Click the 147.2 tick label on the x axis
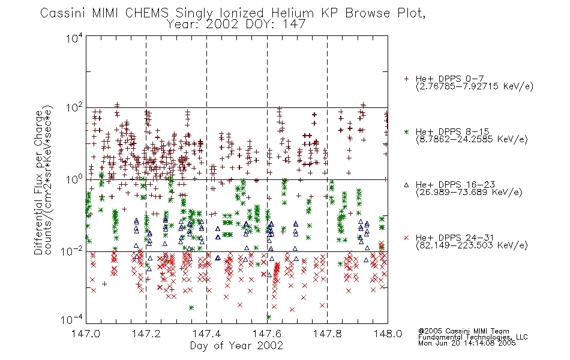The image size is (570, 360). [x=146, y=334]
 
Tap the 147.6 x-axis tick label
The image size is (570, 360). [x=267, y=334]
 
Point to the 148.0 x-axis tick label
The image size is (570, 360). [x=388, y=334]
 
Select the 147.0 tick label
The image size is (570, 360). [x=86, y=334]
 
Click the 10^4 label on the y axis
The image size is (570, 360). [x=74, y=38]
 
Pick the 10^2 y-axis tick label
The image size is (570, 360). [x=74, y=107]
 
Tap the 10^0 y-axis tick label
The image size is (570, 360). [x=74, y=179]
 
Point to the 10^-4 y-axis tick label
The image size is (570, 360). [x=72, y=320]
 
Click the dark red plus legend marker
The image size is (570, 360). [x=406, y=79]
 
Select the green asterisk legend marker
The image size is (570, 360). [x=406, y=131]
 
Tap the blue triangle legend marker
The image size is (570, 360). [x=406, y=185]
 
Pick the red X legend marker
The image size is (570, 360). [x=406, y=238]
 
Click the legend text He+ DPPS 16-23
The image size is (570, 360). [x=455, y=185]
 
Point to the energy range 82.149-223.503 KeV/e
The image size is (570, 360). [x=472, y=245]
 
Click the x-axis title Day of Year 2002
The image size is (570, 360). [x=236, y=346]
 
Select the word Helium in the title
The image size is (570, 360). [x=292, y=13]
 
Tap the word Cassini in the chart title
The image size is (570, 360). [x=64, y=13]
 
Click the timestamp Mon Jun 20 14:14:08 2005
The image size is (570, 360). [x=467, y=343]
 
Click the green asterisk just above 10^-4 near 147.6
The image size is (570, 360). [x=269, y=317]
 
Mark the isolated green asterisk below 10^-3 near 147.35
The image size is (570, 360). [x=191, y=308]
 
